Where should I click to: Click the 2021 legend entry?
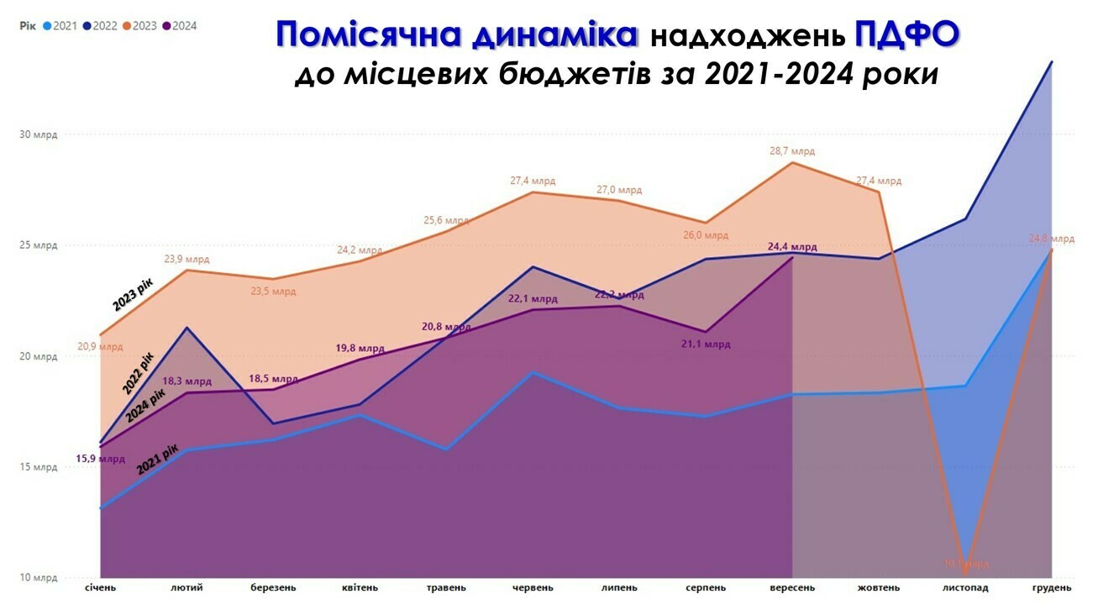pos(59,25)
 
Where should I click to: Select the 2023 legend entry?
pos(140,25)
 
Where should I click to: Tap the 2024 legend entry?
pos(180,25)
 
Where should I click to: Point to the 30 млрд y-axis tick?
pos(39,134)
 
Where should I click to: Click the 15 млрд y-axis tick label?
pos(39,467)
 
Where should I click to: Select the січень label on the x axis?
pos(101,587)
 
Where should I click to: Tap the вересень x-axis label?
pos(792,587)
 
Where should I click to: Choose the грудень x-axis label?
pos(1051,587)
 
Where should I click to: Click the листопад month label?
pos(965,587)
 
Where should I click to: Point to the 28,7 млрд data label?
pos(791,151)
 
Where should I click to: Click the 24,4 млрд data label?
pos(791,247)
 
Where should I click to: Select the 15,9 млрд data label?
pos(100,459)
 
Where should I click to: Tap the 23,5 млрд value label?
pos(273,292)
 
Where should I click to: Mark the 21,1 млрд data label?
pos(706,344)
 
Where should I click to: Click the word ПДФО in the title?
pos(906,35)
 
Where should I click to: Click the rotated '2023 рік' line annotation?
pos(134,296)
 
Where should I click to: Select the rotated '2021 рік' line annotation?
pos(158,459)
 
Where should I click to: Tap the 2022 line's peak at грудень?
pos(1051,61)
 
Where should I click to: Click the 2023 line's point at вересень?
pos(792,162)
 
